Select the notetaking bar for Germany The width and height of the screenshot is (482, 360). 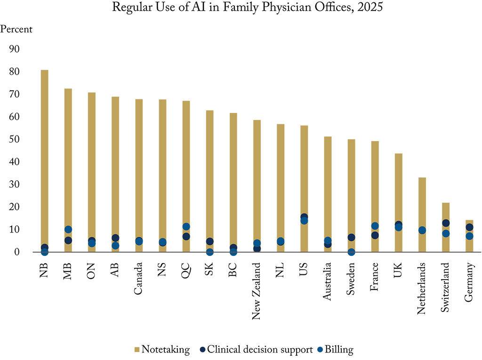coord(469,226)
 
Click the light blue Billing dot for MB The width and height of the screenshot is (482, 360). coord(68,230)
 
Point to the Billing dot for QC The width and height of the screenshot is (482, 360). coord(186,227)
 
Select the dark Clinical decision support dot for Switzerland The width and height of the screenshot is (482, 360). coord(446,223)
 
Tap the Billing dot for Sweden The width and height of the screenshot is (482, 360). coord(351,252)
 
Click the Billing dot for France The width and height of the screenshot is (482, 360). coord(375,226)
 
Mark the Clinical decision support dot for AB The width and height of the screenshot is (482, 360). coord(115,238)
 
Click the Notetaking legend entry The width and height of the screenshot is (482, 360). coord(162,350)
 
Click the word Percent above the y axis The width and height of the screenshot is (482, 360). coord(17,29)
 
